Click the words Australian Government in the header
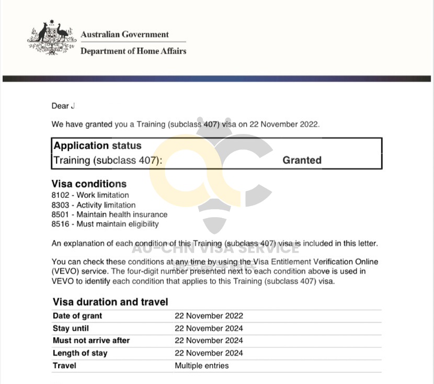point(124,35)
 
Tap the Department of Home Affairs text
point(133,51)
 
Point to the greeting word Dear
point(60,106)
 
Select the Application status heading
point(98,145)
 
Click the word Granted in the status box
point(302,160)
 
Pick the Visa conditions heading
point(89,184)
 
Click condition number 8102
point(60,196)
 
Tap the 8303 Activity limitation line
point(94,205)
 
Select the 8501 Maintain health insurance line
point(109,214)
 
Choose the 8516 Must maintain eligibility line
point(105,224)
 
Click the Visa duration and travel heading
point(110,302)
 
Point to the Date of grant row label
point(77,316)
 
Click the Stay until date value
point(209,329)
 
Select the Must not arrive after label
point(91,341)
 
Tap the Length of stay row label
point(80,353)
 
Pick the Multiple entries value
point(201,366)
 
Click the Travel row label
point(64,366)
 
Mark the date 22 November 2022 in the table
point(209,316)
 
